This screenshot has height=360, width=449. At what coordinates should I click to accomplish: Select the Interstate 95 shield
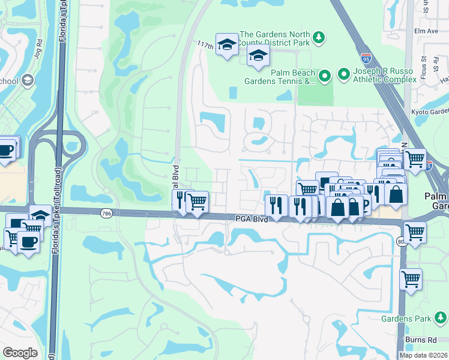point(366,58)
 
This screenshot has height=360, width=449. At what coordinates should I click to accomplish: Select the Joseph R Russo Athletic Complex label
point(384,75)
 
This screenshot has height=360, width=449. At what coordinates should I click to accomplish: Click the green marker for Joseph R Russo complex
point(344,75)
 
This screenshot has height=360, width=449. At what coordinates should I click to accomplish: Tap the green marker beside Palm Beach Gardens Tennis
point(325,76)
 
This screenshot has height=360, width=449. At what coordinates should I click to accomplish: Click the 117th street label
point(206,46)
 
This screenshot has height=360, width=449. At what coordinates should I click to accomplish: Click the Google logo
point(20,353)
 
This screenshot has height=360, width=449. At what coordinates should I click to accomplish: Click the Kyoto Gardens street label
point(430,111)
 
